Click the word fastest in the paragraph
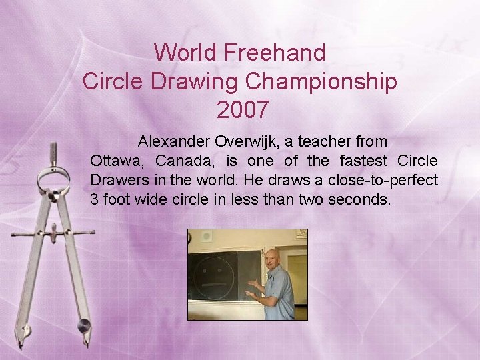coord(365,161)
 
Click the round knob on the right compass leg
coord(84,325)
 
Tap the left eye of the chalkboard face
coord(207,269)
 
